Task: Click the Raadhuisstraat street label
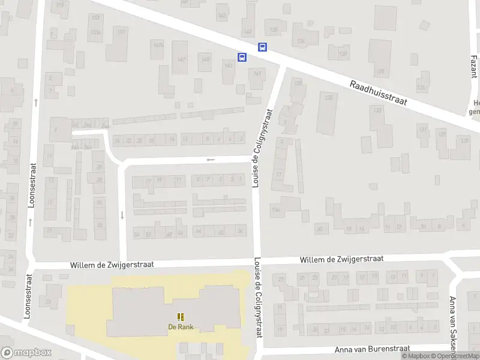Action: [378, 94]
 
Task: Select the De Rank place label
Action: [180, 327]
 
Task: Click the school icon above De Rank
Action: [180, 316]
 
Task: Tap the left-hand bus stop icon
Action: [242, 58]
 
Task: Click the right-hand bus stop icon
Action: [262, 47]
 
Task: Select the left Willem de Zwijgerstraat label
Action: [112, 264]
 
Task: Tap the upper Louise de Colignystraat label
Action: [263, 148]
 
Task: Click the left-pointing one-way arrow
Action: [211, 160]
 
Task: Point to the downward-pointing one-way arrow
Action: [122, 214]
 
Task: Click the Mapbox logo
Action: [26, 353]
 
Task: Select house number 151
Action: [122, 32]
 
